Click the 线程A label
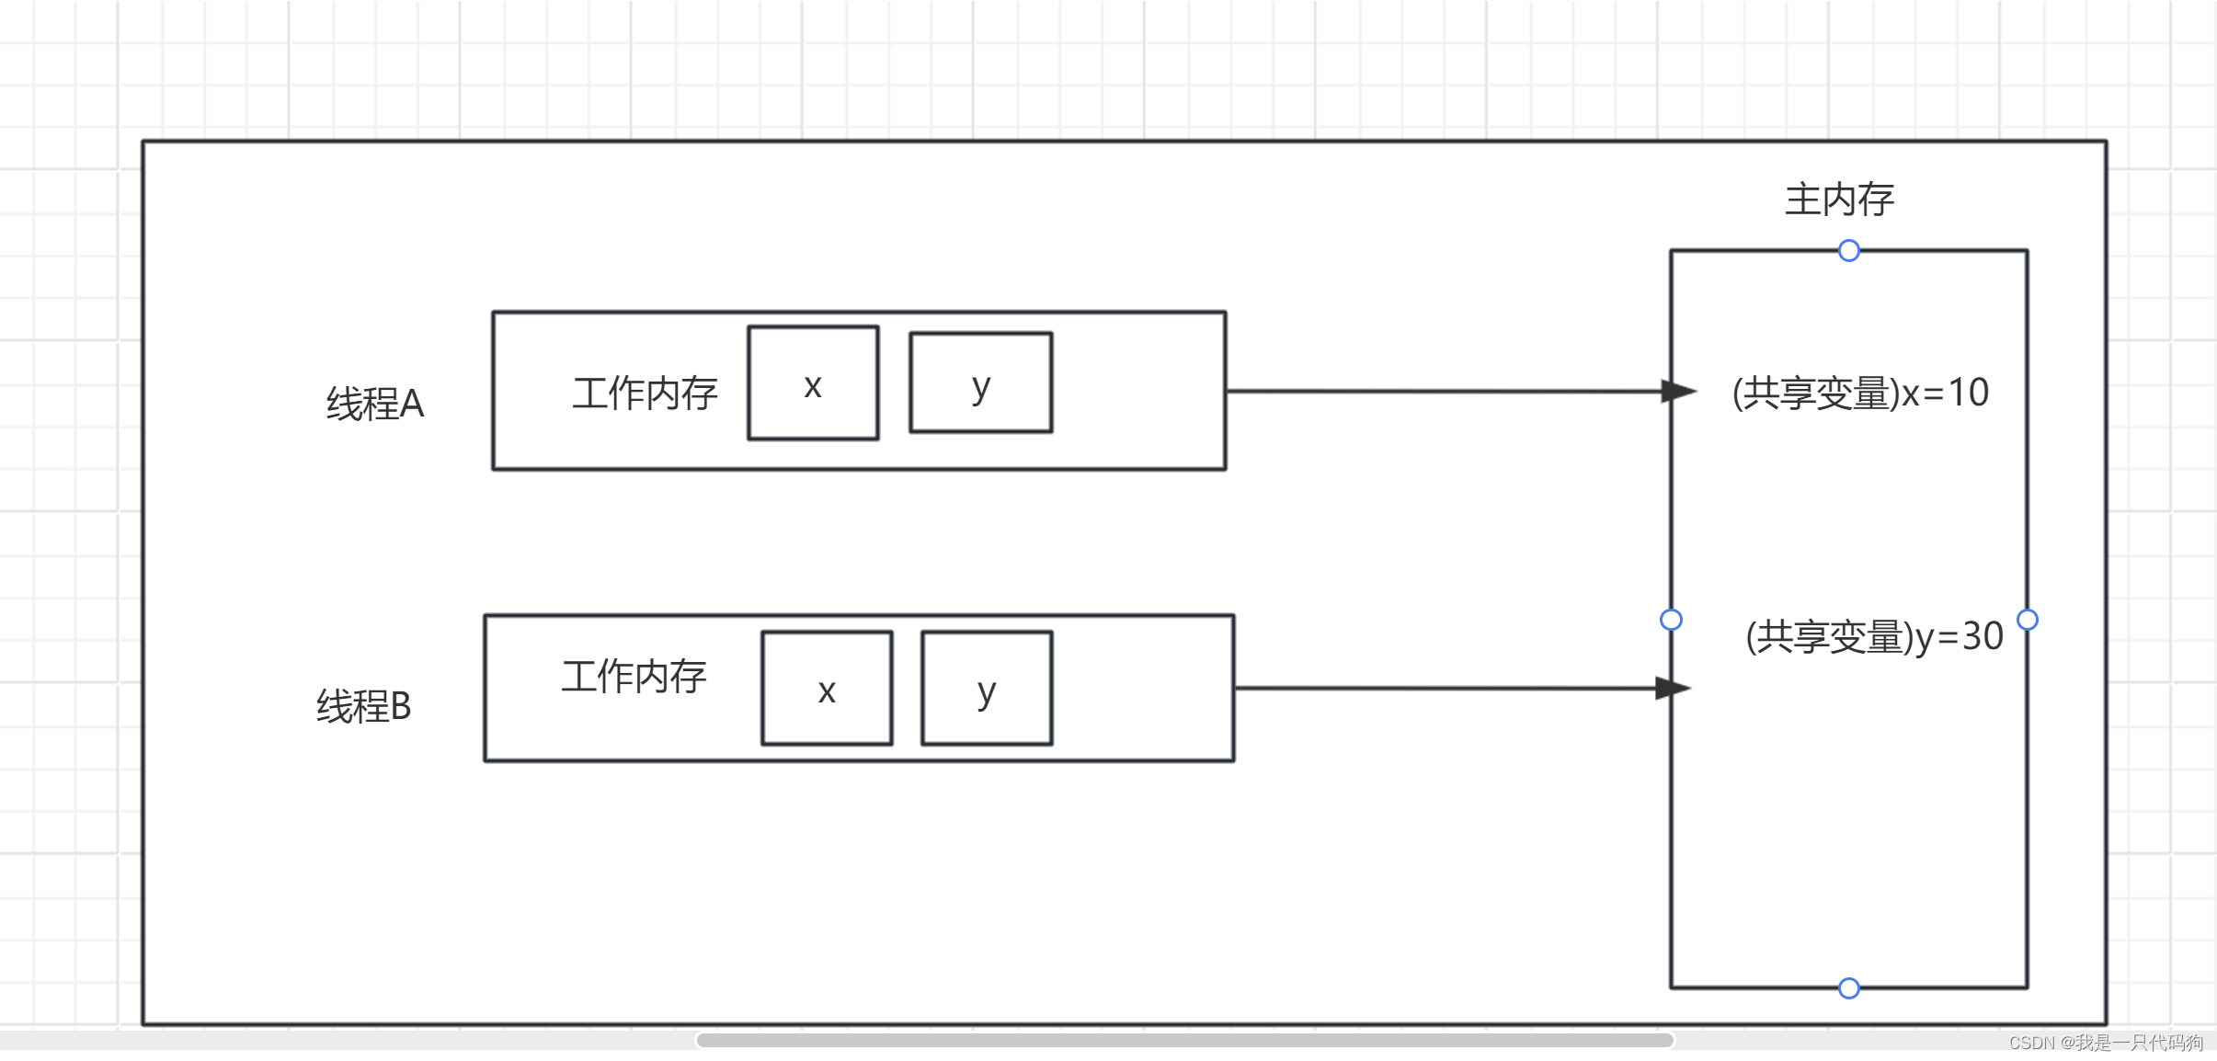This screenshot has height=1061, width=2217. [x=375, y=404]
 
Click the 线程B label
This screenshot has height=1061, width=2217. [x=363, y=706]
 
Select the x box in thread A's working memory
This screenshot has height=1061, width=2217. [x=813, y=383]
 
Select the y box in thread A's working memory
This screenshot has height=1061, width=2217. [x=980, y=382]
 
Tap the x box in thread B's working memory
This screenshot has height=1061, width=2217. [x=827, y=688]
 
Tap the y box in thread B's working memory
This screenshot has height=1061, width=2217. [x=987, y=688]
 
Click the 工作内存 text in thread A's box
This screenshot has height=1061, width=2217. [x=645, y=394]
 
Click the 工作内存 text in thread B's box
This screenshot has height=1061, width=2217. [x=634, y=677]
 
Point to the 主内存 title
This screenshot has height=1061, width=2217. [x=1839, y=200]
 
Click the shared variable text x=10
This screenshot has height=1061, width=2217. [x=1860, y=393]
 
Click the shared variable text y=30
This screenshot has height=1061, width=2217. [x=1874, y=636]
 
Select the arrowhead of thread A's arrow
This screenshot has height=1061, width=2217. [x=1677, y=391]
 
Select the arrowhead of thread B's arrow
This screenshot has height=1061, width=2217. [x=1672, y=688]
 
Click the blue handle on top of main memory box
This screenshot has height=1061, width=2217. [x=1849, y=251]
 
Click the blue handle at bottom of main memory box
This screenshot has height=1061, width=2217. [x=1849, y=988]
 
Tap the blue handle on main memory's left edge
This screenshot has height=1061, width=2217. [x=1671, y=620]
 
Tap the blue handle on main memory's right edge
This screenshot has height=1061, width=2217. [x=2028, y=620]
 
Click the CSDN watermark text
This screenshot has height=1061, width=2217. [x=2106, y=1043]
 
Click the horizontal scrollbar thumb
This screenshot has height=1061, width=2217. [x=1184, y=1040]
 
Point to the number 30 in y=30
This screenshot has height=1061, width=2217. [x=1983, y=636]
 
